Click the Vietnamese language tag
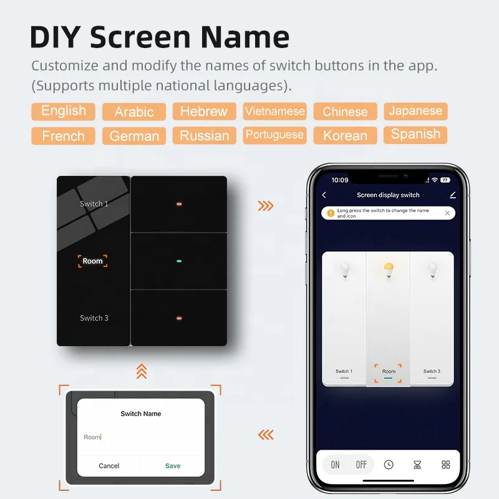point(274,111)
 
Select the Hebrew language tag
point(205,111)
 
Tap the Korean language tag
point(346,135)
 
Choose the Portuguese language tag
point(274,135)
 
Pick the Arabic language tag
point(134,112)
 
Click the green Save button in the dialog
point(173,465)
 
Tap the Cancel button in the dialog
point(109,465)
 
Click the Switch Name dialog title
point(141,414)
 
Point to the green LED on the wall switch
point(179,261)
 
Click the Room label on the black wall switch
point(92,261)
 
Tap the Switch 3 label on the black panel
point(94,318)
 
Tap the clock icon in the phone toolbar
point(389,465)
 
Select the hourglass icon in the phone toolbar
point(417,465)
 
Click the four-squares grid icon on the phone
point(446,465)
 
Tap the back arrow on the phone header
point(324,195)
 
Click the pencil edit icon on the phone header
point(453,195)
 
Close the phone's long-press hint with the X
point(447,213)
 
